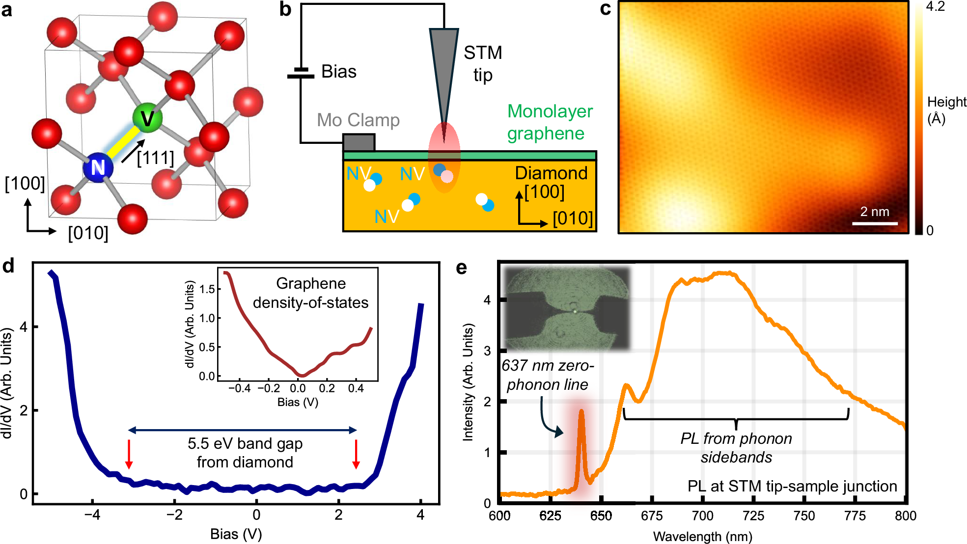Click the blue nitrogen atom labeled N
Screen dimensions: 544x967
(x=98, y=167)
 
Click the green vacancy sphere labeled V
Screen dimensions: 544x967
(x=147, y=118)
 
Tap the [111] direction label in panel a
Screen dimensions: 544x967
(x=155, y=158)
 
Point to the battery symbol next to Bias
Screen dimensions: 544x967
(x=301, y=73)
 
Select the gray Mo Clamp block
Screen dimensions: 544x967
(x=359, y=143)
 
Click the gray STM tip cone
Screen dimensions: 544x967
(x=444, y=74)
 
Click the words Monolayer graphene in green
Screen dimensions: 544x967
(x=550, y=122)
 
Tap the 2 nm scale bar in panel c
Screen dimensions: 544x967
(x=875, y=223)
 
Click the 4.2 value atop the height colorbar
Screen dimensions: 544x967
(x=935, y=7)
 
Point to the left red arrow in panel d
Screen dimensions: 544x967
(x=129, y=454)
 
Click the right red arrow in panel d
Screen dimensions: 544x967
(x=356, y=454)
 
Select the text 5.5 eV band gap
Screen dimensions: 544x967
(x=245, y=443)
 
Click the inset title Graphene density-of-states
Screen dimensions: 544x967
(x=310, y=293)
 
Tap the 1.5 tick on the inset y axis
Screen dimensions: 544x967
(x=207, y=289)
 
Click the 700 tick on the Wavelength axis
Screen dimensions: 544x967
(x=702, y=516)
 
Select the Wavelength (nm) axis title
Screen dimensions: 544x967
(x=702, y=536)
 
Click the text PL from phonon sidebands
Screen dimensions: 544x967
(x=736, y=447)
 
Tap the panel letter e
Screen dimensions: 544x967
(x=461, y=268)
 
